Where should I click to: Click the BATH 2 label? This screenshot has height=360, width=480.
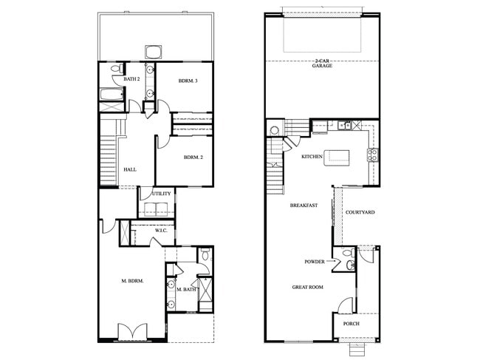[x=132, y=79]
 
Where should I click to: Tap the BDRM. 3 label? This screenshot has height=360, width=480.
[x=188, y=81]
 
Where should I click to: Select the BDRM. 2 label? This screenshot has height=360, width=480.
[x=193, y=157]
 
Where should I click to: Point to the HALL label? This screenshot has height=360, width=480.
[x=130, y=169]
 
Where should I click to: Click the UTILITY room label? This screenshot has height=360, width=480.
[x=161, y=194]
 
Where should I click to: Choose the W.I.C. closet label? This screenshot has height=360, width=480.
[x=161, y=231]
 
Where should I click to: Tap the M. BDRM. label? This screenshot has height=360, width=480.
[x=132, y=281]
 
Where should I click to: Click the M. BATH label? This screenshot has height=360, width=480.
[x=185, y=289]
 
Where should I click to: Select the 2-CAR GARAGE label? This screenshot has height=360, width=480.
[x=321, y=64]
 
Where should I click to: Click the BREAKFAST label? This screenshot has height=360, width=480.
[x=304, y=205]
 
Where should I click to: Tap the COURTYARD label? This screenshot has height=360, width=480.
[x=360, y=212]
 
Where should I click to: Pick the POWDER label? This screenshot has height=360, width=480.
[x=315, y=262]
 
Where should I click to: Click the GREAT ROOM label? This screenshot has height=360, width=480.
[x=309, y=287]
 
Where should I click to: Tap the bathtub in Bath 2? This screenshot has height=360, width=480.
[x=111, y=95]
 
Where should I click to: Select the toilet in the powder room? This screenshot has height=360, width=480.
[x=351, y=262]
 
